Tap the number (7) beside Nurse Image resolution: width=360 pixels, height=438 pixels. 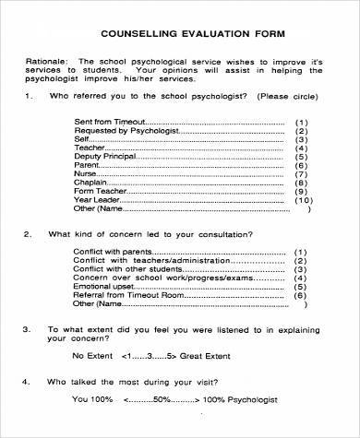click(x=301, y=172)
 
